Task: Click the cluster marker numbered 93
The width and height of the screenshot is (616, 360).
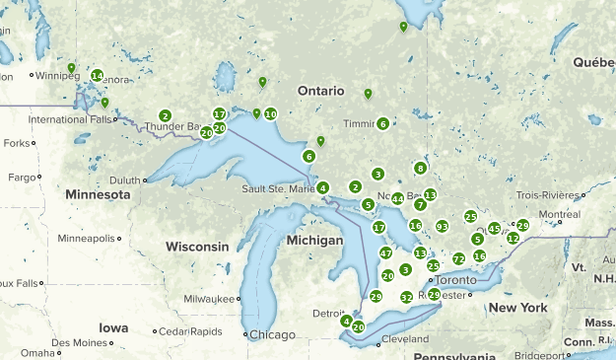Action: coord(442,226)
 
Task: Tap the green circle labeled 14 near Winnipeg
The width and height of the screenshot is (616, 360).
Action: coord(97,76)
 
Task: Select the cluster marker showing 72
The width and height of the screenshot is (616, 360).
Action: coord(458,258)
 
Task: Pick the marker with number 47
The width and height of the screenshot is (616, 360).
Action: coord(385,253)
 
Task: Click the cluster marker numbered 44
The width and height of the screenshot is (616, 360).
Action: coord(397,198)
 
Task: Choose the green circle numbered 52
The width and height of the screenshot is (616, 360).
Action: coord(406,297)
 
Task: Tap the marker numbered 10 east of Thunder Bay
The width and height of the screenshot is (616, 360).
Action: coord(270,114)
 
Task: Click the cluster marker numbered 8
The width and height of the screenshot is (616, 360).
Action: coord(421,168)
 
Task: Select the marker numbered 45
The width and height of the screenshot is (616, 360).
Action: coord(494,229)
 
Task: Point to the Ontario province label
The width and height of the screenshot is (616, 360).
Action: coord(321,91)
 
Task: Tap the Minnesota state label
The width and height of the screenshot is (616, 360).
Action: coord(99,195)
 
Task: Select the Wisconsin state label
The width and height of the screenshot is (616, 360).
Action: coord(197,246)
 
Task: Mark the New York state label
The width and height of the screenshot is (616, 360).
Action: coord(517,308)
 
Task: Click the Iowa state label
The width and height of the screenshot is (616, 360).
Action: coord(112,327)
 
